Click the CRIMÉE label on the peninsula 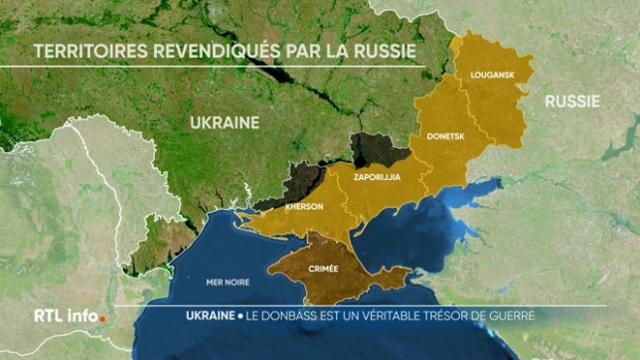323,268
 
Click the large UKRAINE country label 224,123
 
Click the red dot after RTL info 102,319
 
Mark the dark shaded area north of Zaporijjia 378,150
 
